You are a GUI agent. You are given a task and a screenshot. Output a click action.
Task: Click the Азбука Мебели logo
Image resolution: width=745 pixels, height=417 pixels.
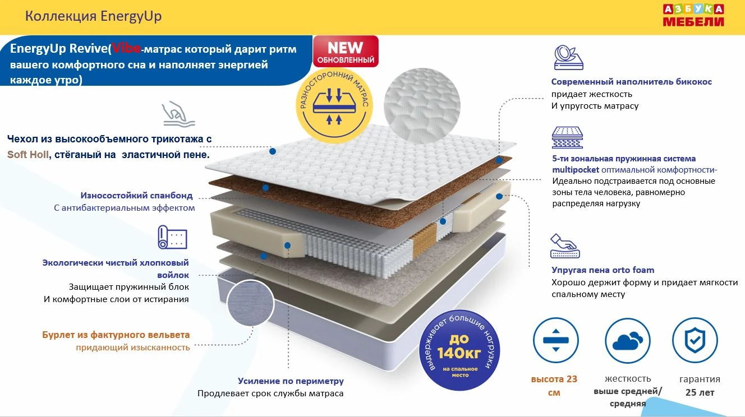[x=693, y=16]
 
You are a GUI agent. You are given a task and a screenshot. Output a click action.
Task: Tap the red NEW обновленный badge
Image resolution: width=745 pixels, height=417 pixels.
[x=346, y=52]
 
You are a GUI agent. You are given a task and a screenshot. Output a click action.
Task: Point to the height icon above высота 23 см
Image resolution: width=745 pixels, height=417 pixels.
[x=555, y=340]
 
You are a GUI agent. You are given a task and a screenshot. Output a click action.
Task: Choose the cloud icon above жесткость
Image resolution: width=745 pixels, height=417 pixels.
[x=627, y=340]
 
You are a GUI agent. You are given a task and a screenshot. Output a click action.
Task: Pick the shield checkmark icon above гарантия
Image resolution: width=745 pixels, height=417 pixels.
[x=695, y=340]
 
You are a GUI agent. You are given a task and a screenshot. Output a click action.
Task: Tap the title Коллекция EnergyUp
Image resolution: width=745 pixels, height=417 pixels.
[x=94, y=16]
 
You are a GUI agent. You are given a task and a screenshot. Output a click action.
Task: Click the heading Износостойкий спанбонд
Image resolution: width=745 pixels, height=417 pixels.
[x=137, y=196]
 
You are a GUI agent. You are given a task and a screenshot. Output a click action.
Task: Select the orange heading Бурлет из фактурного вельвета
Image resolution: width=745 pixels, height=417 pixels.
[x=116, y=335]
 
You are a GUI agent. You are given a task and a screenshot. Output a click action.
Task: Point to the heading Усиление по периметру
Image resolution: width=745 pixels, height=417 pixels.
[x=291, y=381]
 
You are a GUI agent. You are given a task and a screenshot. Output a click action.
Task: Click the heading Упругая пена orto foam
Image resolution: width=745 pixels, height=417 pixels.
[x=603, y=270]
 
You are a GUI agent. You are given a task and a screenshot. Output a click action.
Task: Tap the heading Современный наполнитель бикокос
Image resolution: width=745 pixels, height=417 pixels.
[x=631, y=82]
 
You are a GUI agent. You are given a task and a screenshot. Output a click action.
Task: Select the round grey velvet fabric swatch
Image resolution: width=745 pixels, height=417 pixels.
[x=251, y=304]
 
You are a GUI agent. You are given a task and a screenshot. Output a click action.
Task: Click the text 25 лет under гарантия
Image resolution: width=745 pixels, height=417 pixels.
[x=700, y=392]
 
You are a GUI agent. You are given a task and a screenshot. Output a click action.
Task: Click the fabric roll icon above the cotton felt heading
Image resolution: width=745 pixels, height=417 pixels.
[x=172, y=237]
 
